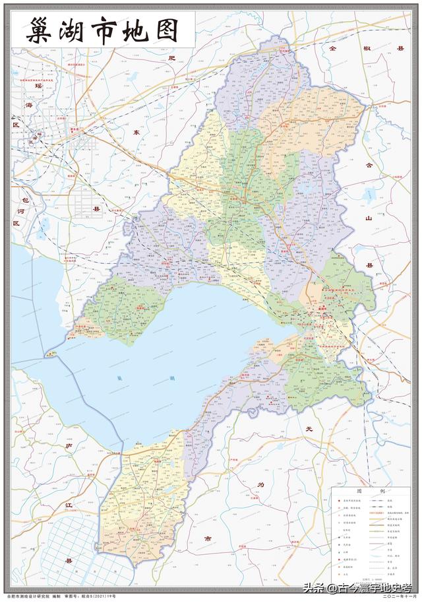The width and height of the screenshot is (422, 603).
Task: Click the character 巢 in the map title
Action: [x=41, y=31]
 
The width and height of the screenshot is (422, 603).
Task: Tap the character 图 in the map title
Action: [x=169, y=31]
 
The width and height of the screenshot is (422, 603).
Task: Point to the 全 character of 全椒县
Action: [x=334, y=48]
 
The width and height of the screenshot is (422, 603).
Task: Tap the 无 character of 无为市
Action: [x=308, y=430]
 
